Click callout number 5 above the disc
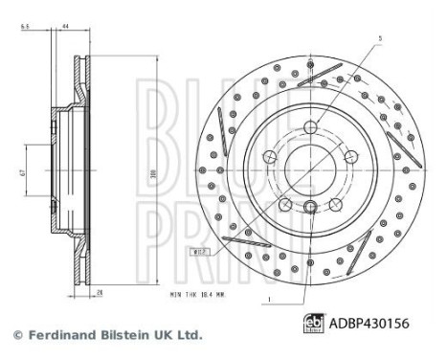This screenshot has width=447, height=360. click(x=379, y=39)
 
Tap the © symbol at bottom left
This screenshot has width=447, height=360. click(x=16, y=335)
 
